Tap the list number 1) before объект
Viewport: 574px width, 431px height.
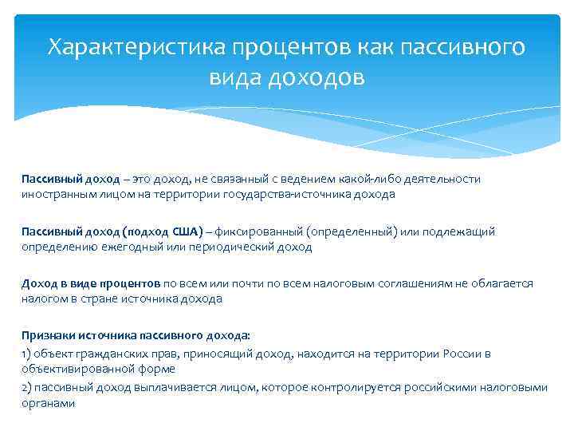click(x=26, y=353)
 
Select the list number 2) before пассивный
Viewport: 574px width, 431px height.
click(x=26, y=388)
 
